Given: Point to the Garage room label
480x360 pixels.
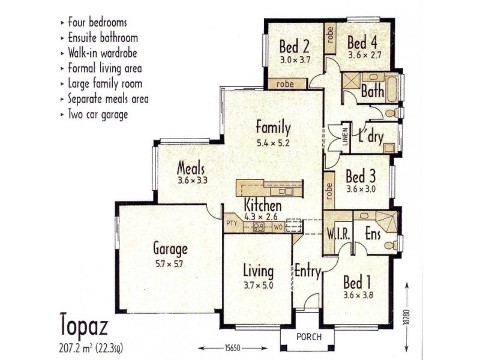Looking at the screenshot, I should tap(170, 248).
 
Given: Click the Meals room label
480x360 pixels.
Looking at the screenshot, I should tap(191, 169).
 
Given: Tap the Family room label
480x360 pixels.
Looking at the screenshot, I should tap(273, 127).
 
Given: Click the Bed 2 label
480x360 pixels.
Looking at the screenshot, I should tap(295, 46).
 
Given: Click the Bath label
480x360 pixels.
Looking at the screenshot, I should tap(372, 92).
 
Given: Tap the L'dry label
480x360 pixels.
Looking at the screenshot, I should tap(367, 136).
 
